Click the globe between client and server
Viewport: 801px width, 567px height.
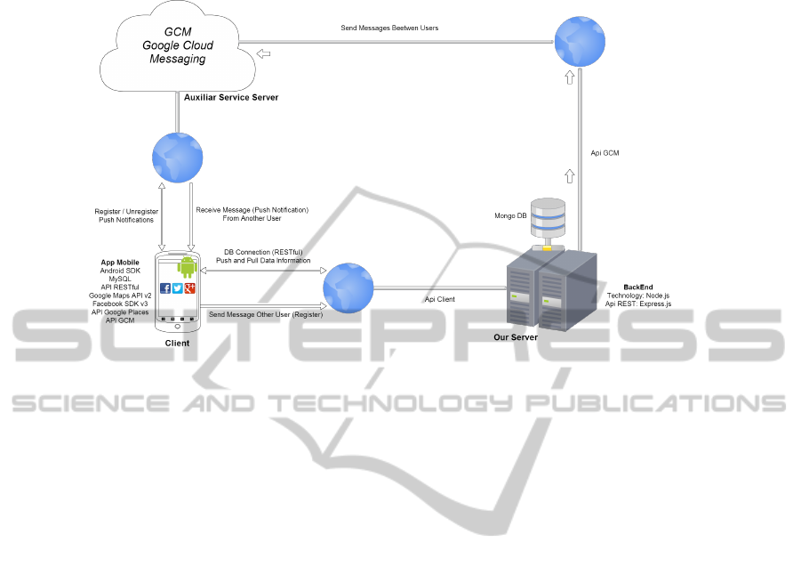click(348, 288)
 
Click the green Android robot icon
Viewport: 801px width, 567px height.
click(186, 266)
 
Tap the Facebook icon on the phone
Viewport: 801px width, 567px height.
click(165, 288)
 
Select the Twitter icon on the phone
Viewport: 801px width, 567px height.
click(178, 288)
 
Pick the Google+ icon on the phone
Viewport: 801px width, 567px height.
click(189, 288)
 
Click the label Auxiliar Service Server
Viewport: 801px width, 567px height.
click(231, 96)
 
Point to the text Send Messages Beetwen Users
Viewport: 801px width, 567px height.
click(389, 28)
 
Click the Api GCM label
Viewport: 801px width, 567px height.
click(605, 153)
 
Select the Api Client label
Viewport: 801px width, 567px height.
click(439, 299)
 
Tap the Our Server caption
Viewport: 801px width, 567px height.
click(517, 337)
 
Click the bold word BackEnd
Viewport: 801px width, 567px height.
click(638, 288)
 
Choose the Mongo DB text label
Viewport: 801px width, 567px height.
click(510, 216)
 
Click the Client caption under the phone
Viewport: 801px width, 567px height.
click(177, 343)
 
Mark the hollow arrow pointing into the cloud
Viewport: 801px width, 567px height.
click(264, 53)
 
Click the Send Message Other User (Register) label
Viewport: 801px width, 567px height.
click(266, 314)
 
